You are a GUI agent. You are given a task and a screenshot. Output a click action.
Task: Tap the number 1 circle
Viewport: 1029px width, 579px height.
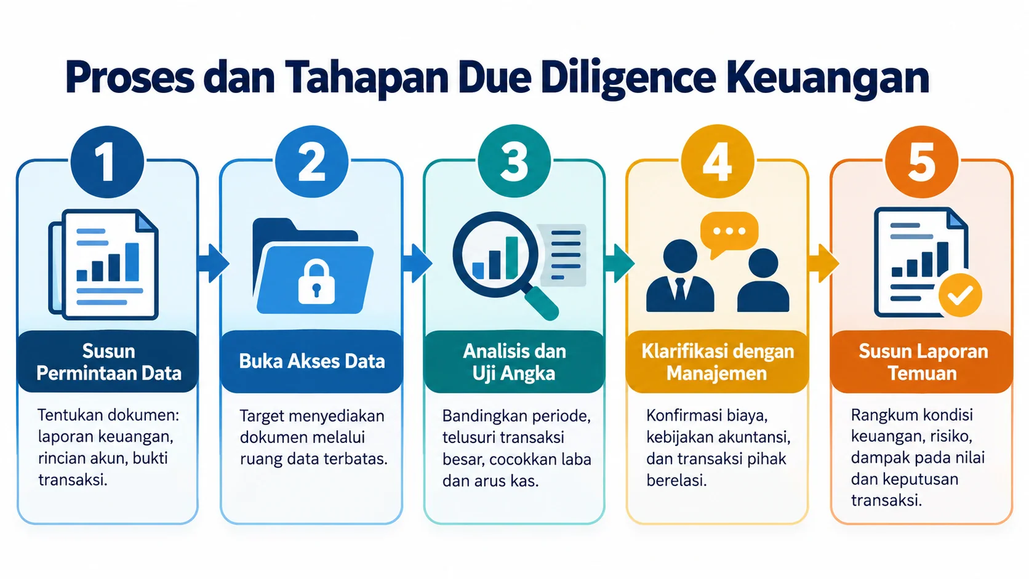pyautogui.click(x=107, y=162)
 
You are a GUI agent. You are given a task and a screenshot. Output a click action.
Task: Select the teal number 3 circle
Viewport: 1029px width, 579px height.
pyautogui.click(x=514, y=161)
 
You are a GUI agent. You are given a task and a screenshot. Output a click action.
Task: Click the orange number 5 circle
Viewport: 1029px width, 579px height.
pyautogui.click(x=921, y=162)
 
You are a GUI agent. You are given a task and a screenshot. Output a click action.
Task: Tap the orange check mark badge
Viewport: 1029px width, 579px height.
pyautogui.click(x=959, y=295)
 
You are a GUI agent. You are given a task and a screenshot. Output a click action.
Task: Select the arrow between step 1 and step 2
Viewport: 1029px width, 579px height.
pyautogui.click(x=213, y=263)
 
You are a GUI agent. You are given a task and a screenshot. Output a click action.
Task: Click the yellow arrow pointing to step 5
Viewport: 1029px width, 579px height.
pyautogui.click(x=823, y=263)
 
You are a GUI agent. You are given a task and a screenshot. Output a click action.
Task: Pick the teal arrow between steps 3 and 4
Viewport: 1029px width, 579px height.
pyautogui.click(x=620, y=263)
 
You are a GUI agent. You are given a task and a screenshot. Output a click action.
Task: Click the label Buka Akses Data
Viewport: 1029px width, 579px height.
pyautogui.click(x=311, y=361)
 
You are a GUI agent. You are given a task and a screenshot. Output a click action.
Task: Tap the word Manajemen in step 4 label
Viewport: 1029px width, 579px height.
pyautogui.click(x=716, y=373)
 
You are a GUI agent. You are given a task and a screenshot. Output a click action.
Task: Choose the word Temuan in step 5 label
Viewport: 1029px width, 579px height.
pyautogui.click(x=921, y=373)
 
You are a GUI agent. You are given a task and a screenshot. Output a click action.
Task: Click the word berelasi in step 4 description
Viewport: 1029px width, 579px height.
pyautogui.click(x=676, y=481)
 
